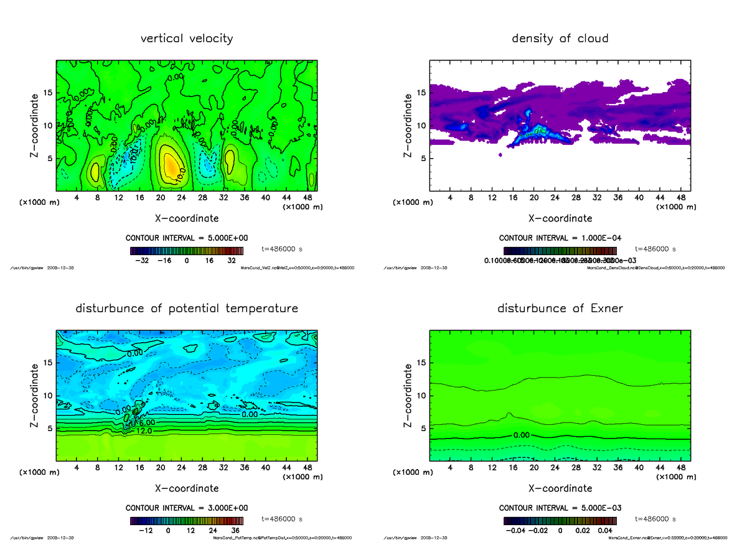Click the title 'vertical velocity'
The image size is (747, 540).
tap(187, 39)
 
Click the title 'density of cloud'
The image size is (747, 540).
tap(560, 39)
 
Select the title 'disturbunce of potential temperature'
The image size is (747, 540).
tap(187, 309)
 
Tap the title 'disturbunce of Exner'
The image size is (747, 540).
tap(560, 309)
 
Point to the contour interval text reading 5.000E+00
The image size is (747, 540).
tap(187, 238)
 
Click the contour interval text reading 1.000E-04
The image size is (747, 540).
tap(560, 238)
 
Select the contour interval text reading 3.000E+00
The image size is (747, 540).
tap(187, 508)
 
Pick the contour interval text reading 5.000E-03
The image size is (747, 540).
tap(560, 508)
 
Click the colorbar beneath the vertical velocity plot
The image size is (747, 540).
tap(187, 251)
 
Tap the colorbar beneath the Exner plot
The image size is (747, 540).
tap(560, 521)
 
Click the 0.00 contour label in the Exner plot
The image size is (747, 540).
tap(522, 435)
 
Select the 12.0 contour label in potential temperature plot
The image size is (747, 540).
tap(145, 431)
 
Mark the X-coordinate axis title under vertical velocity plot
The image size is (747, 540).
tap(187, 218)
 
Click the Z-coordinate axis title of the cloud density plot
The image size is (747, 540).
tap(408, 124)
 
